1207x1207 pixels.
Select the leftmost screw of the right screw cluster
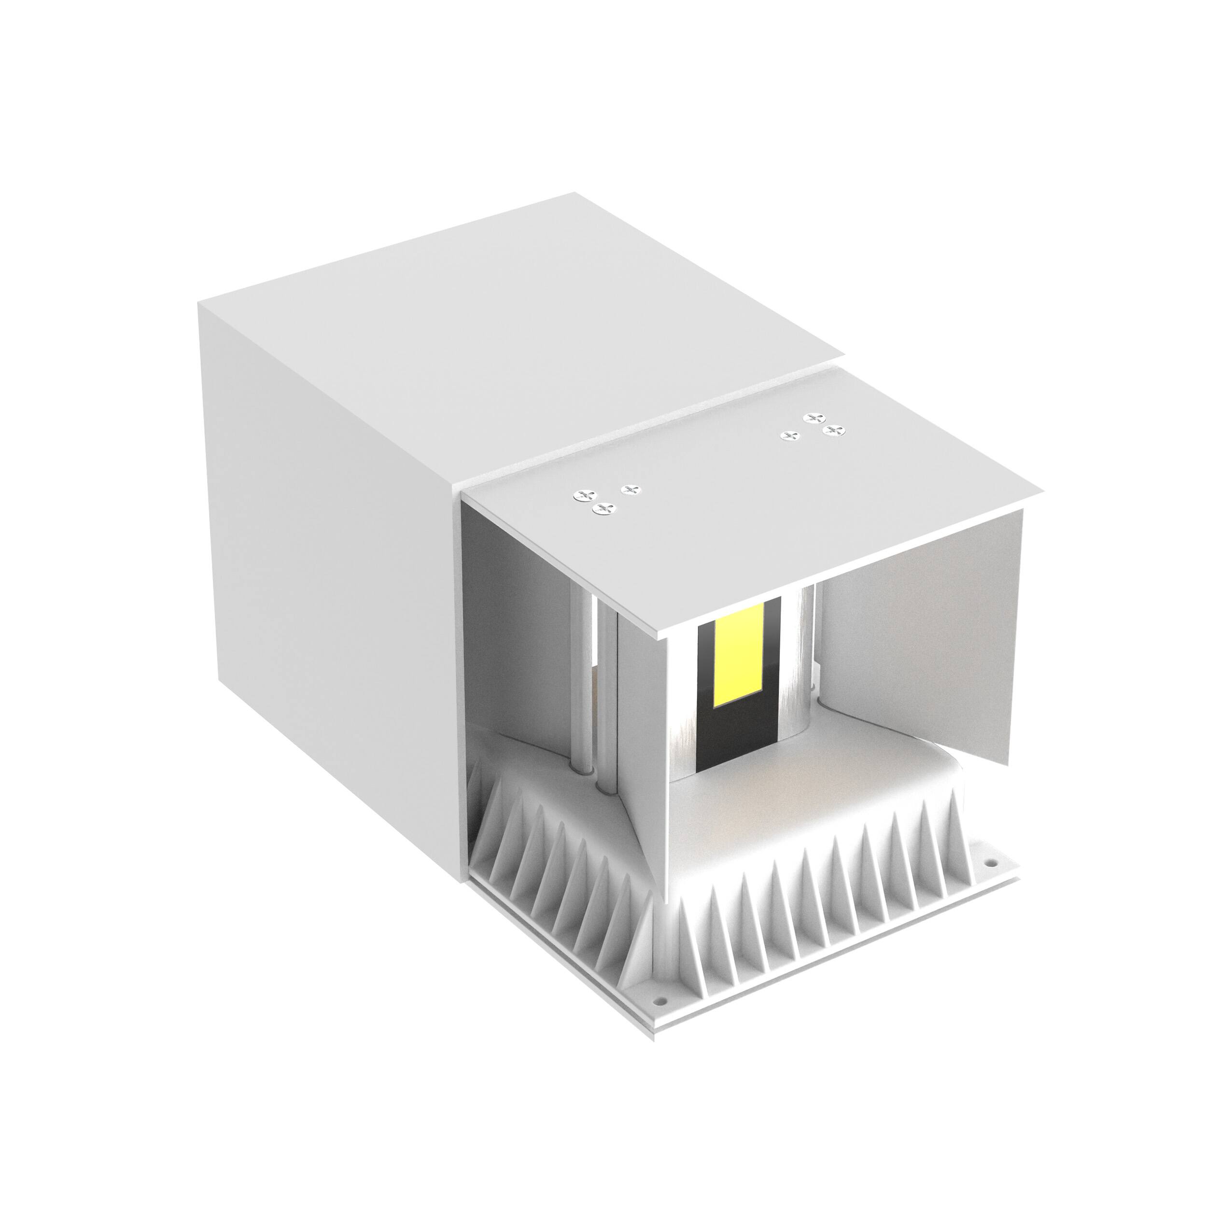click(x=791, y=435)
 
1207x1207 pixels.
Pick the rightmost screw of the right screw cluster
click(x=833, y=430)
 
